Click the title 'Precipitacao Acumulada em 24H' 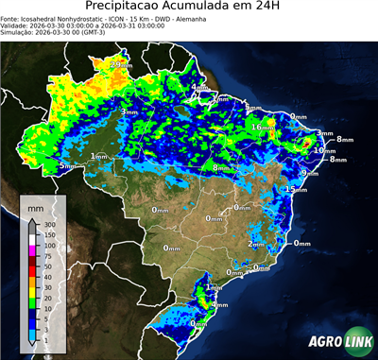(189, 7)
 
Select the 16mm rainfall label (258, 127)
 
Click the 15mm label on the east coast (297, 189)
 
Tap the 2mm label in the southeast (254, 243)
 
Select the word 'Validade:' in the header (16, 26)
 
